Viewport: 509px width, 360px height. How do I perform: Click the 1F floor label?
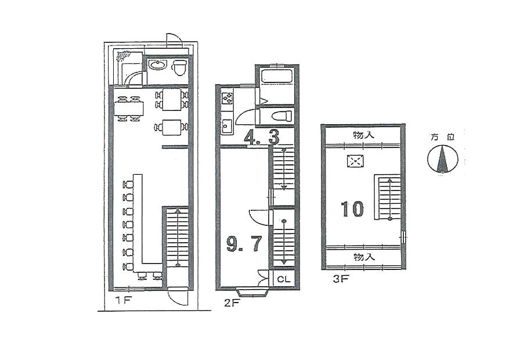pos(124,300)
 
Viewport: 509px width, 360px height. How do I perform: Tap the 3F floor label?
pos(341,279)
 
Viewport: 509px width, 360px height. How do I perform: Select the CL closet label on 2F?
pos(284,279)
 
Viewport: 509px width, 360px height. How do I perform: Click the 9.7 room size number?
pos(244,244)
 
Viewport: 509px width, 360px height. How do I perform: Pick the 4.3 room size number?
pos(262,138)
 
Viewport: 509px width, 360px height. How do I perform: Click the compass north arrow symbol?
pos(442,159)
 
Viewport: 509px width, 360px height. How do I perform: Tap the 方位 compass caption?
pos(442,137)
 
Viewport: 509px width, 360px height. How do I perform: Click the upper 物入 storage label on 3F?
pos(364,135)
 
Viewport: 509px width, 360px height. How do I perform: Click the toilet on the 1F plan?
pos(179,68)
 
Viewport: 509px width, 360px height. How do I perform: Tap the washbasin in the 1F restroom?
pos(157,65)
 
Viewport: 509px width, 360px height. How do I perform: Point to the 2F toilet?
pos(281,116)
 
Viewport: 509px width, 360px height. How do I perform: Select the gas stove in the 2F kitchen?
pos(228,98)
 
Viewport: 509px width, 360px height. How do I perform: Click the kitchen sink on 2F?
pos(227,125)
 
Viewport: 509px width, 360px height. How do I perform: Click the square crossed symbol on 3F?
pos(355,161)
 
